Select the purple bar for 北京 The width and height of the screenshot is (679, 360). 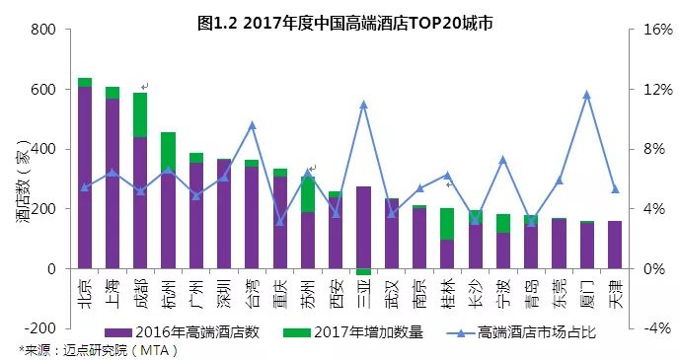pos(85,178)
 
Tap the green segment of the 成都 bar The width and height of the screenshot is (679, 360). pos(140,114)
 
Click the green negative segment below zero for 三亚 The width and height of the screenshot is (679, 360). pos(363,271)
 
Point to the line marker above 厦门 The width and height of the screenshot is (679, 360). pos(586,95)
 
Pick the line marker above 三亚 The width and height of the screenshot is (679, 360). pos(363,105)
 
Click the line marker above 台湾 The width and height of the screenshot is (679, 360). pos(252,125)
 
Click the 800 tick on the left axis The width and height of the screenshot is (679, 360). pos(42,30)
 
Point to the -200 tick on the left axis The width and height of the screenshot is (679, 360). pos(39,328)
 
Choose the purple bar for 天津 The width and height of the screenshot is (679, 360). pos(615,245)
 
